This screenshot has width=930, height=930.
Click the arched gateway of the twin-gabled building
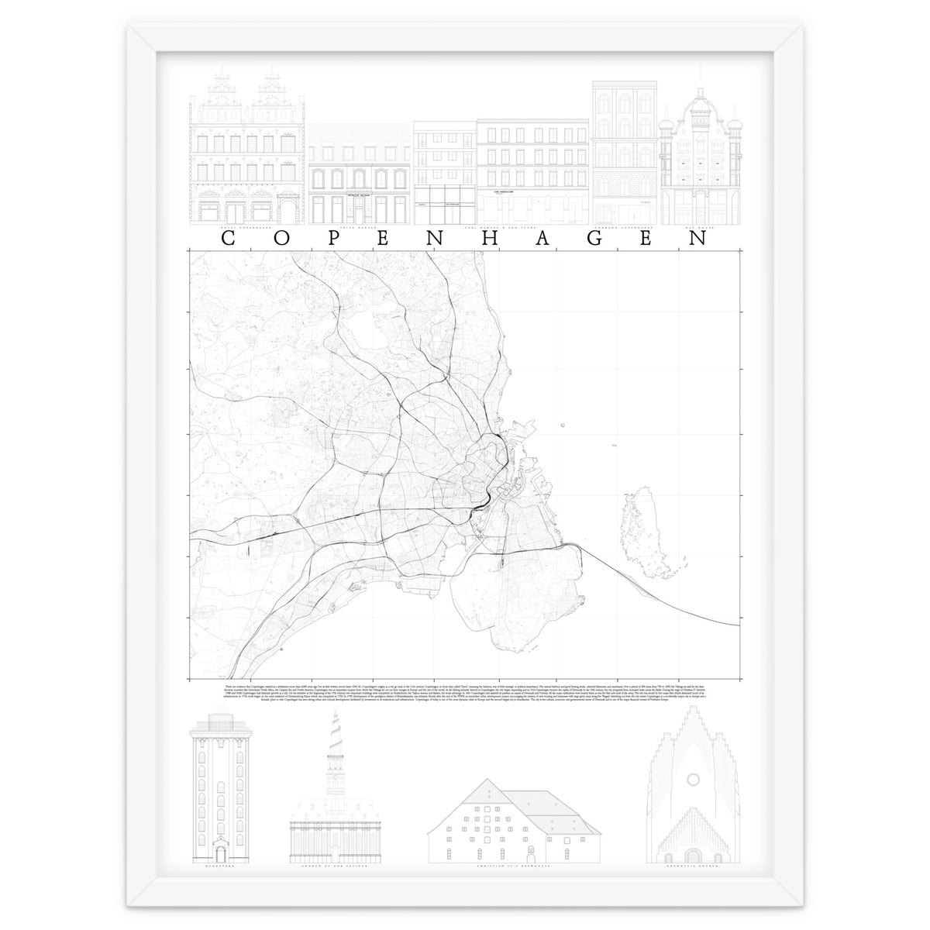click(284, 212)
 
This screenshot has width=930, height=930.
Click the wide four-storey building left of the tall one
click(533, 170)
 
